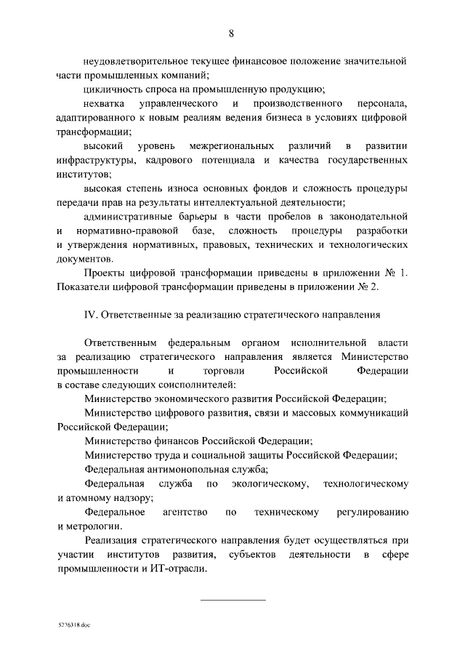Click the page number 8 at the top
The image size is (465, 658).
pyautogui.click(x=231, y=33)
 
